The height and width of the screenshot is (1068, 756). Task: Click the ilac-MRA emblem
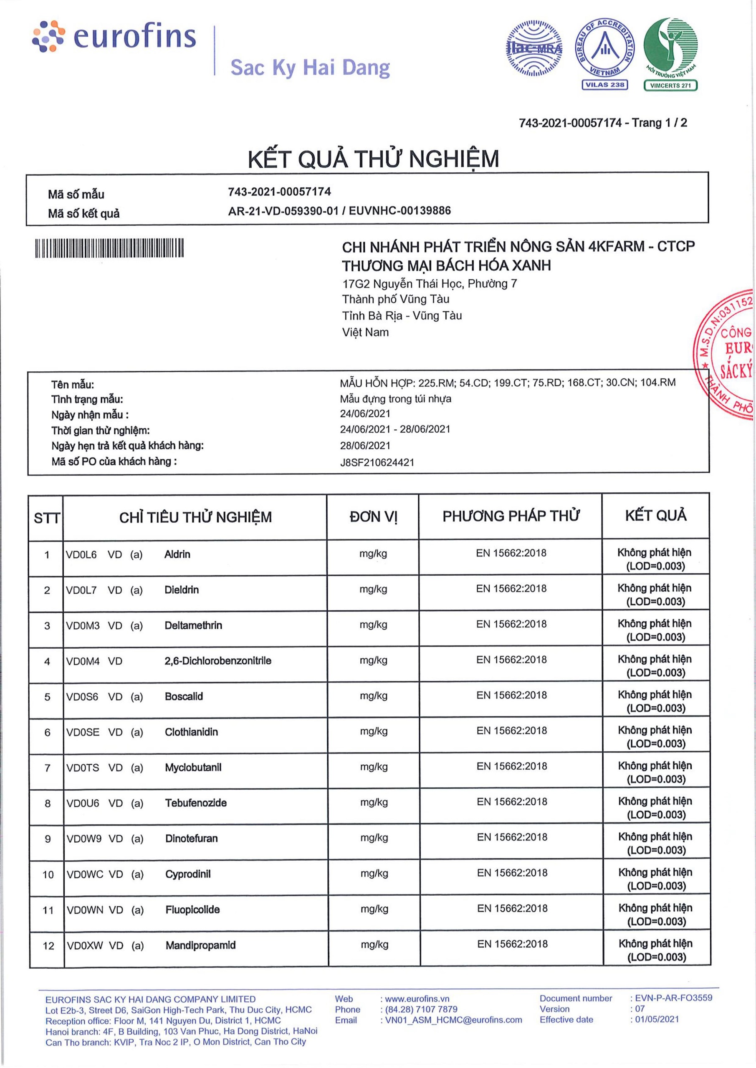[x=534, y=48]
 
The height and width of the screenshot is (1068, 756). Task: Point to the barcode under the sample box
[x=109, y=248]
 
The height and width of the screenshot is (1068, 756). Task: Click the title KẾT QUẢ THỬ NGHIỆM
[x=373, y=159]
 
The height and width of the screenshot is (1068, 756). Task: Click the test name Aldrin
[x=177, y=554]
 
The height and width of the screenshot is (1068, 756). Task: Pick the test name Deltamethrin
[x=193, y=625]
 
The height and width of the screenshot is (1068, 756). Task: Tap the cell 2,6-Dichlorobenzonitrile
[x=218, y=660]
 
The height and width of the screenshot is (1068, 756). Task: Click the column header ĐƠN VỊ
[x=373, y=517]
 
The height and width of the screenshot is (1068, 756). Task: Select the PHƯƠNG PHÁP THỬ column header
[x=511, y=516]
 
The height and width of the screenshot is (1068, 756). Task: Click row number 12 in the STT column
[x=48, y=945]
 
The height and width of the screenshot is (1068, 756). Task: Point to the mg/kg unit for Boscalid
[x=373, y=696]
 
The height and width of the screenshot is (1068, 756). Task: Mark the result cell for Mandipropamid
[x=656, y=950]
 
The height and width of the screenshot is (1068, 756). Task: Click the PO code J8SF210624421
[x=377, y=462]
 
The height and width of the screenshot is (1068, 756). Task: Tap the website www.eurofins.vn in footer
[x=417, y=999]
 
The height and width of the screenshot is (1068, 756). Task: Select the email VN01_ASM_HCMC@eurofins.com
[x=453, y=1020]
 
